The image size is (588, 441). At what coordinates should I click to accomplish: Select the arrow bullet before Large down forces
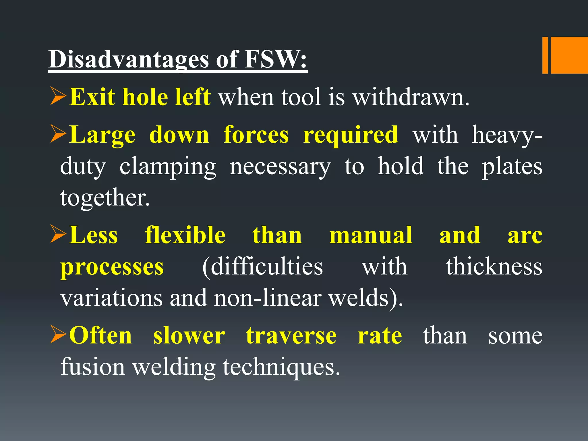pyautogui.click(x=59, y=134)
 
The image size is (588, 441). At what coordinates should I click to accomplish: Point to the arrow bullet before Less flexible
pyautogui.click(x=59, y=234)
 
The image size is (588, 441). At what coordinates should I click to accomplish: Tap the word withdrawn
pyautogui.click(x=411, y=97)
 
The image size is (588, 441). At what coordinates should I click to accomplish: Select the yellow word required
pyautogui.click(x=351, y=135)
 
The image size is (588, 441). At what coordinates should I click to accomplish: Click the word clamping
pyautogui.click(x=168, y=167)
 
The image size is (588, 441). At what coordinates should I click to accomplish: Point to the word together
pyautogui.click(x=105, y=198)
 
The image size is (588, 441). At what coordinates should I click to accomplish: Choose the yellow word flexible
pyautogui.click(x=185, y=235)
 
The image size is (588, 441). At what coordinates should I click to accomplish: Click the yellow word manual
pyautogui.click(x=371, y=235)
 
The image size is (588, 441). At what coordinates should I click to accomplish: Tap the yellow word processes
pyautogui.click(x=112, y=267)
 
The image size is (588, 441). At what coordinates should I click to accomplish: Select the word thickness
pyautogui.click(x=494, y=266)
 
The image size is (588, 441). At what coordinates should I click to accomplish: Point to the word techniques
pyautogui.click(x=281, y=367)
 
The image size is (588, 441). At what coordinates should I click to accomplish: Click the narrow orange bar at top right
pyautogui.click(x=545, y=55)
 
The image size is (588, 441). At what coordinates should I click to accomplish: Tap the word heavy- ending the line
pyautogui.click(x=507, y=135)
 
